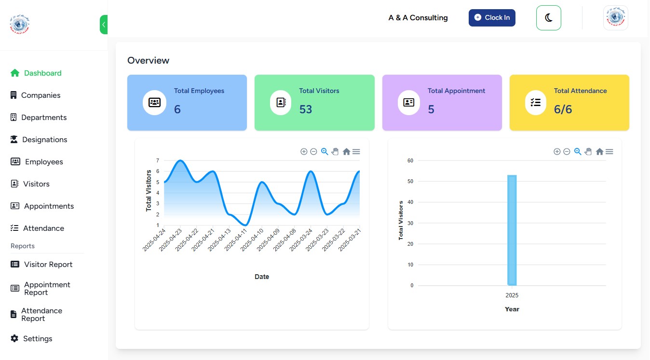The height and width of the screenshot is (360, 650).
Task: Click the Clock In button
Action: [492, 18]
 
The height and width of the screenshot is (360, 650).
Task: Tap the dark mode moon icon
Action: [549, 18]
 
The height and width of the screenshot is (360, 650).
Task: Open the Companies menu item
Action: [41, 95]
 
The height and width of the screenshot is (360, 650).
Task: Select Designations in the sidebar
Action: [44, 140]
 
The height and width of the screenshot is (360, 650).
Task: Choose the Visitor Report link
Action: [48, 265]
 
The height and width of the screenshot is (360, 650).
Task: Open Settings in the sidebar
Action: [37, 339]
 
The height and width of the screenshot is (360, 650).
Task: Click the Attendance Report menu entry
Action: [41, 315]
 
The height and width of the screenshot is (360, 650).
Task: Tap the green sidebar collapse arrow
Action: [103, 25]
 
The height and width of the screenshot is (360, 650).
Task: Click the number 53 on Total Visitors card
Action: [306, 109]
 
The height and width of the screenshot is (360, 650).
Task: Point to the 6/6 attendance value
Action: [563, 109]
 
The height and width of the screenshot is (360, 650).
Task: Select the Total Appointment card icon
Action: [409, 103]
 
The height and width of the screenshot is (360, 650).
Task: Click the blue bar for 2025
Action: [512, 230]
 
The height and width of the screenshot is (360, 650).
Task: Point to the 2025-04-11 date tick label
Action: [236, 240]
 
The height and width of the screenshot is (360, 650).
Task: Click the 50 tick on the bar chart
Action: [410, 182]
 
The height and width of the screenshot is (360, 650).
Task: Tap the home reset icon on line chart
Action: [346, 152]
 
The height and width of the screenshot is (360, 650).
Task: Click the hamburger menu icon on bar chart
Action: [609, 152]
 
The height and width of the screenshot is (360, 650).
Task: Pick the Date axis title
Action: [262, 277]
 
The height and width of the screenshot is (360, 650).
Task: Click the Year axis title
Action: [512, 309]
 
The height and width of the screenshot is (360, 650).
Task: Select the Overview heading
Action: [149, 61]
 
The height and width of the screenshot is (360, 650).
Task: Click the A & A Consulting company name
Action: [418, 18]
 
